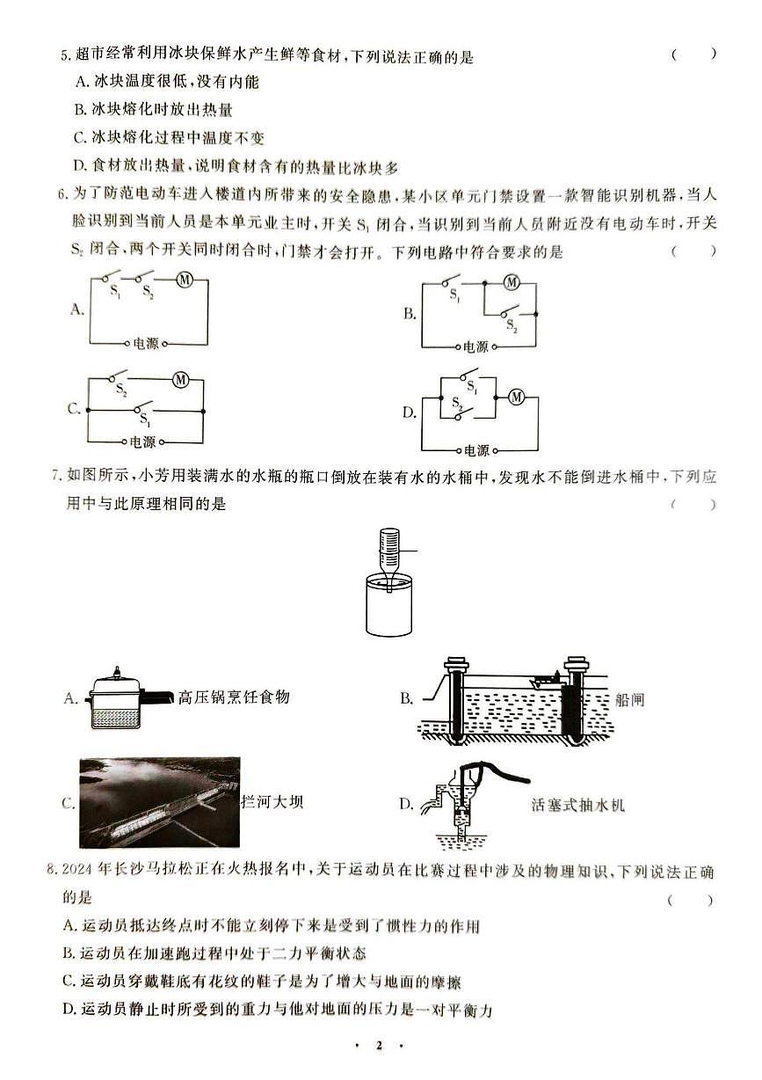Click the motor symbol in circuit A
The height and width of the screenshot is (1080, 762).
click(x=185, y=280)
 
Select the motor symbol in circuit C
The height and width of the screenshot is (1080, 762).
click(x=181, y=380)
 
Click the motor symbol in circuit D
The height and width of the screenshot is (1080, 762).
click(x=517, y=398)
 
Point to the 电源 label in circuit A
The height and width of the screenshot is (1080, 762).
click(x=146, y=344)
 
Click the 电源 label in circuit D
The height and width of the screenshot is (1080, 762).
click(x=476, y=450)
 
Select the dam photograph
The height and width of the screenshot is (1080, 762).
click(x=160, y=801)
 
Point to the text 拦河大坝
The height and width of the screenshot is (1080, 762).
click(x=272, y=801)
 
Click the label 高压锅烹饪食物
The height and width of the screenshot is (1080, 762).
click(x=233, y=697)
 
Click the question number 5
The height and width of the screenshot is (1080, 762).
click(x=64, y=58)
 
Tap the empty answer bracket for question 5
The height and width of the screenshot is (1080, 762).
click(x=693, y=55)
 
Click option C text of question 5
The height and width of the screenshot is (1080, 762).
click(x=171, y=137)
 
